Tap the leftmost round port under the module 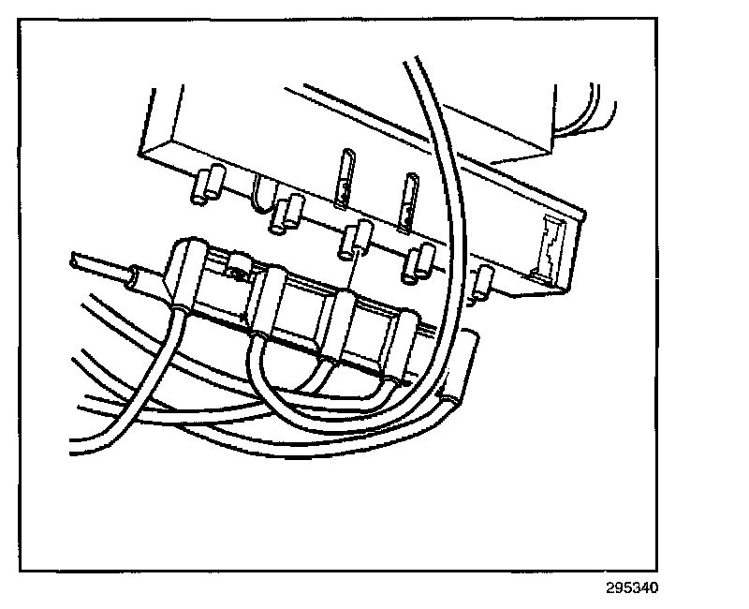click(207, 185)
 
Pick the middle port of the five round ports click(351, 241)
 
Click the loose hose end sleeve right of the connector click(462, 370)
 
